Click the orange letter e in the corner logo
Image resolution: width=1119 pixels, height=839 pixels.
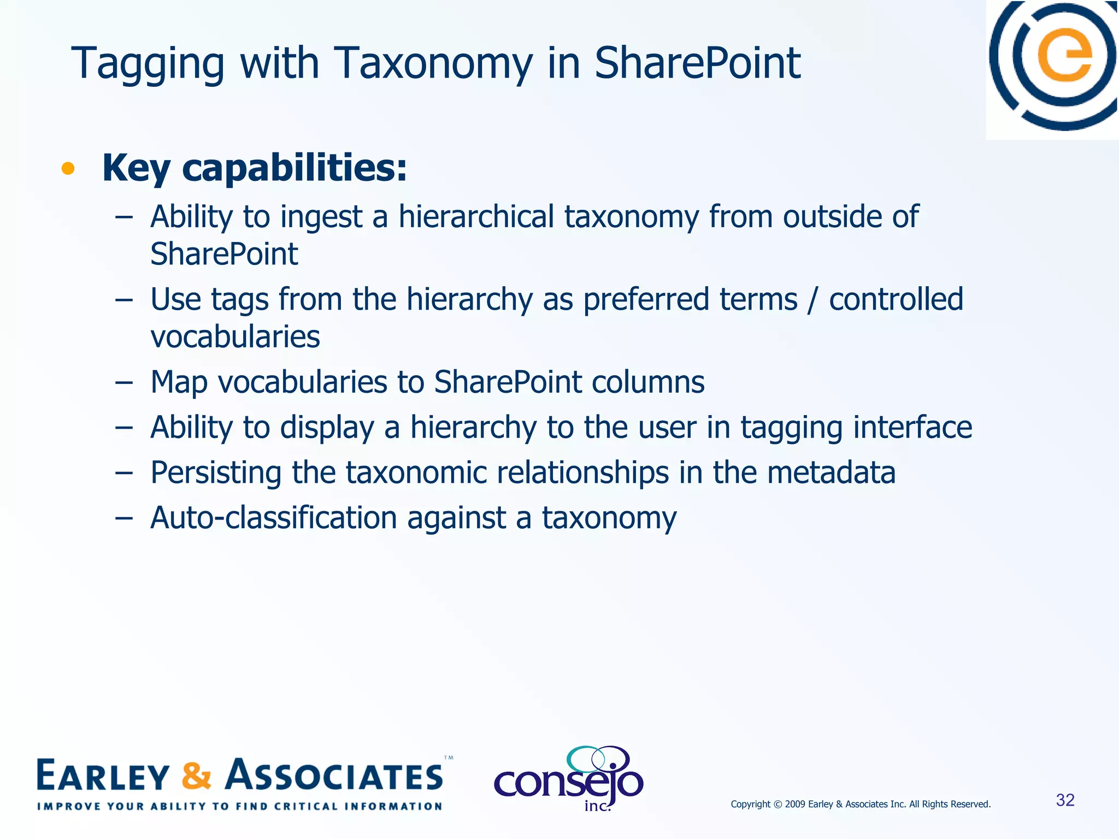[1065, 57]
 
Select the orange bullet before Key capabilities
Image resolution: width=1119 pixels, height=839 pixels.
[68, 169]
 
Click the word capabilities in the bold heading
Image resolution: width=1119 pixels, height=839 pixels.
[295, 168]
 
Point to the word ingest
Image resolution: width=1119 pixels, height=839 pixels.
[321, 217]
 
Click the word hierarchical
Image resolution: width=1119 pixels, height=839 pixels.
[476, 216]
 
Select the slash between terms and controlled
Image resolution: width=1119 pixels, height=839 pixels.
[813, 300]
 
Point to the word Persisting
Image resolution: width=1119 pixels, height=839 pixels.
[216, 473]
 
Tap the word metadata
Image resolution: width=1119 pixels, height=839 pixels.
[831, 472]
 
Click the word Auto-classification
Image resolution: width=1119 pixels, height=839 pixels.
[273, 518]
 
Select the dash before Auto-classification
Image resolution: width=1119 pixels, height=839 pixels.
[124, 518]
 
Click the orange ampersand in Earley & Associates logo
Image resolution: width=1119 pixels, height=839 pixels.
[196, 776]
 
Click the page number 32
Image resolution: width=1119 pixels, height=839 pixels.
[1065, 800]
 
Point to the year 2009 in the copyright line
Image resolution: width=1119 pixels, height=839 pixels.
[795, 804]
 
